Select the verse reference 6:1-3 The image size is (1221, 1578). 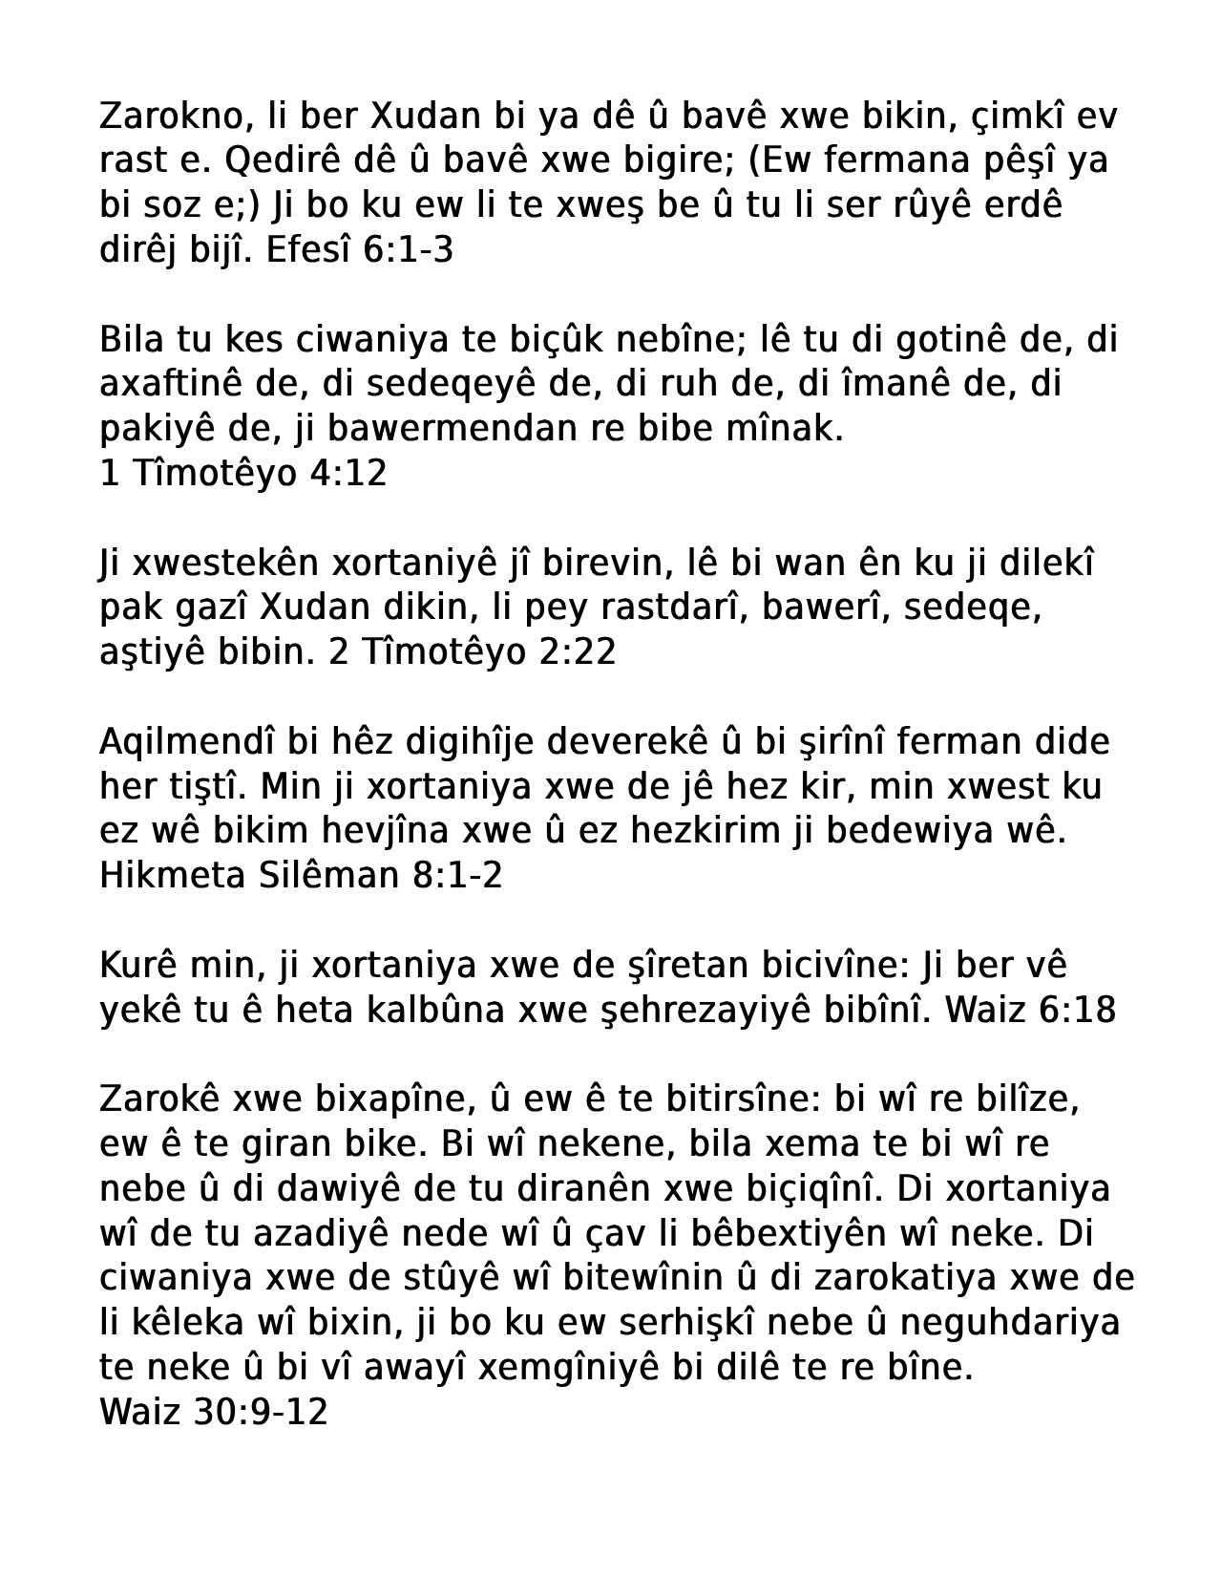(x=409, y=250)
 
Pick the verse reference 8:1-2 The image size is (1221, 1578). (x=457, y=875)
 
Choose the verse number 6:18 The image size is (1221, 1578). (x=1078, y=1010)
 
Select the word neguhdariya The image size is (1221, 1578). (x=1010, y=1323)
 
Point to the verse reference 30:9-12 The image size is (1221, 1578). (x=260, y=1412)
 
